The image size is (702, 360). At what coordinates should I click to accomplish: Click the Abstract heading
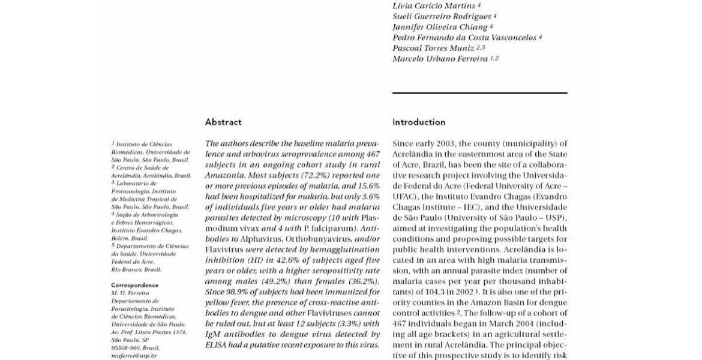(x=223, y=122)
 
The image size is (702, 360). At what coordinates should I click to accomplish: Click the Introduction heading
(x=419, y=122)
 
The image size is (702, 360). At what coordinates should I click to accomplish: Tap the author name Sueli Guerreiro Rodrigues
(x=442, y=16)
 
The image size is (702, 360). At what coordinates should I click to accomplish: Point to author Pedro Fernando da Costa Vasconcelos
(x=464, y=37)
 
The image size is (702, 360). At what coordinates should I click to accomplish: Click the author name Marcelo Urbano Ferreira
(x=440, y=59)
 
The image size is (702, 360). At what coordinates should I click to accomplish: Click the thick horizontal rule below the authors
(x=479, y=93)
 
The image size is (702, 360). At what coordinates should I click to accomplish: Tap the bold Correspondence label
(x=135, y=285)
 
